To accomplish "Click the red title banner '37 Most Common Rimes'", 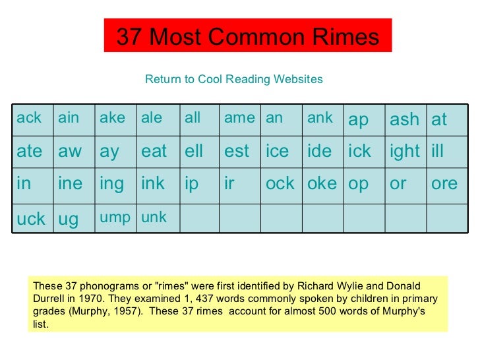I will tap(248, 36).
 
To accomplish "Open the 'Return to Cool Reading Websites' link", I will tap(233, 80).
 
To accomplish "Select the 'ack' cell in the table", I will tap(29, 119).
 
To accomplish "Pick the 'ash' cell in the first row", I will tap(404, 119).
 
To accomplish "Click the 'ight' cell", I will tap(405, 151).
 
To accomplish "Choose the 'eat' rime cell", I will tap(154, 151).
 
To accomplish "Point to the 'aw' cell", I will tap(70, 151).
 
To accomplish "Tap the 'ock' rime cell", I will tap(280, 183).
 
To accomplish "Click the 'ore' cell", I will tap(444, 183).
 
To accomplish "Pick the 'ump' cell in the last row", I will tap(115, 218).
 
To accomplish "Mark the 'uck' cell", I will tap(31, 218).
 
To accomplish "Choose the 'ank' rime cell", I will tap(320, 119).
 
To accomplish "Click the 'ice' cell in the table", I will tap(277, 151).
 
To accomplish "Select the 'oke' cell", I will tap(322, 183).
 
